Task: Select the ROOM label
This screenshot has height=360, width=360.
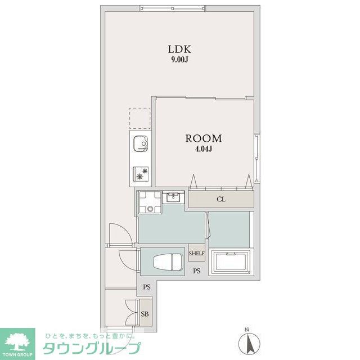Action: [204, 138]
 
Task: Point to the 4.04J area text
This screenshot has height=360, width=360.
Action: [204, 149]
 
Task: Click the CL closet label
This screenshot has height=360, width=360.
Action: [221, 199]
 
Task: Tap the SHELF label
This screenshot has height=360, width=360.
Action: [196, 254]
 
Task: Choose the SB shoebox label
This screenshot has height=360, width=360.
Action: [145, 314]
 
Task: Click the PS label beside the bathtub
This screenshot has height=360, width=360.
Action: [197, 272]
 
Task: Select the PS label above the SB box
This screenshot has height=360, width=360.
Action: [147, 287]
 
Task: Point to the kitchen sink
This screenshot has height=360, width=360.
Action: [140, 145]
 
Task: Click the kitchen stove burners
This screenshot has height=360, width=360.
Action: [140, 174]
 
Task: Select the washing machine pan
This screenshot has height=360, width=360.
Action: [150, 202]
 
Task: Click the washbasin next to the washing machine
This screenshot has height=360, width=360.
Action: [173, 197]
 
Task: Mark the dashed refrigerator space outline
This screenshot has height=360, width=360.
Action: [140, 118]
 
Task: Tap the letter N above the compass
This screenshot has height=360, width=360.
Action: [246, 330]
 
